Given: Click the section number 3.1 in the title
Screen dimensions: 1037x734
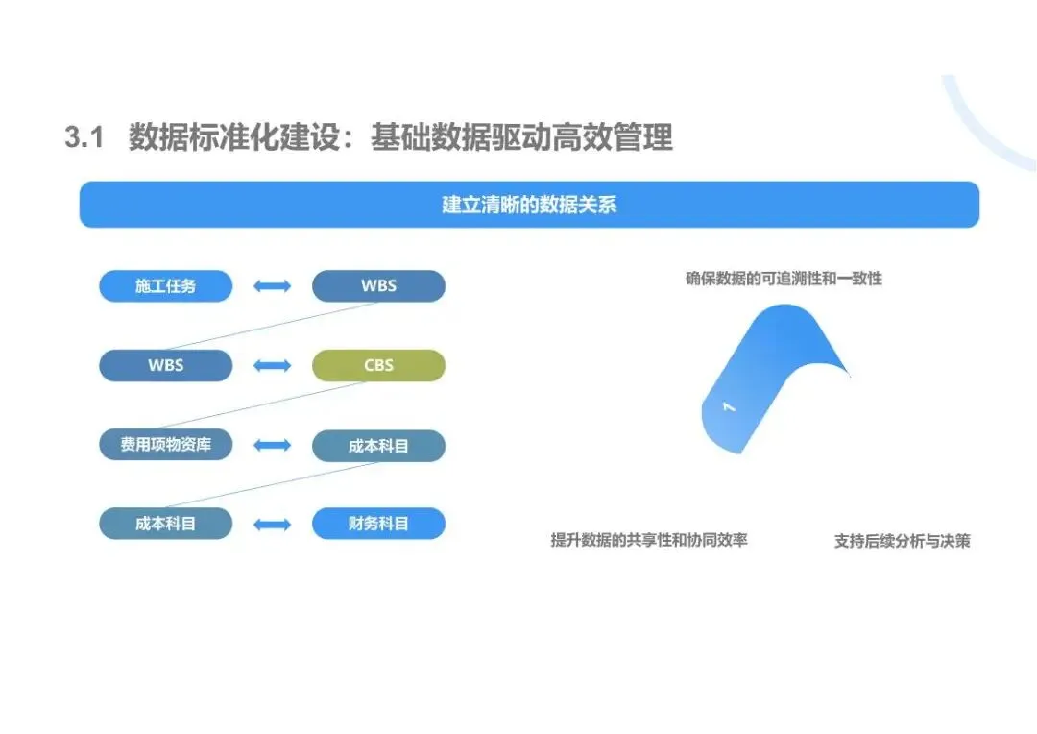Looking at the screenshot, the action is click(x=84, y=138).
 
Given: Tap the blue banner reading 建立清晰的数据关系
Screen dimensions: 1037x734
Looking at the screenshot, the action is click(x=529, y=205).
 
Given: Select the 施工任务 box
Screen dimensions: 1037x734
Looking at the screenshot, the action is click(x=166, y=286).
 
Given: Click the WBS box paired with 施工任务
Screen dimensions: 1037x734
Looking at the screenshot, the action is click(x=378, y=286).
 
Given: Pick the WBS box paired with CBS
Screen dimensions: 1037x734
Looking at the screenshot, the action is click(x=166, y=365).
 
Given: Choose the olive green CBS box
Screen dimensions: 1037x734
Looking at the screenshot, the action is click(x=378, y=365).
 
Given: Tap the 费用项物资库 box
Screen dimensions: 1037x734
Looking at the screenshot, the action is click(x=166, y=445).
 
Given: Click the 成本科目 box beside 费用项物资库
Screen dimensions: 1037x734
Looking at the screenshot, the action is click(x=378, y=446).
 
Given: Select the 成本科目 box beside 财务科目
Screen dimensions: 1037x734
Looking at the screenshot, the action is click(x=166, y=524).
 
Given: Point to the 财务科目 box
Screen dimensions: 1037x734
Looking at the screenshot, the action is click(x=378, y=524).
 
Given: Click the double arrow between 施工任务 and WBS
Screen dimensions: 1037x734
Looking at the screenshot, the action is click(x=273, y=286).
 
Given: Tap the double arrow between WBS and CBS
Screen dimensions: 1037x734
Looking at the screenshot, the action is click(x=273, y=366).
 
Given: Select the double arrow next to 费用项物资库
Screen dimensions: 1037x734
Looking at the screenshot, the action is click(x=273, y=445).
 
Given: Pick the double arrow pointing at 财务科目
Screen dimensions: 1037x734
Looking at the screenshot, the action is click(x=273, y=525).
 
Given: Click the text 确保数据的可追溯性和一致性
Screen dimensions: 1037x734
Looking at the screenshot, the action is click(x=784, y=279).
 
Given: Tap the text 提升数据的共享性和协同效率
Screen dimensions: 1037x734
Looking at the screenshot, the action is click(x=649, y=540).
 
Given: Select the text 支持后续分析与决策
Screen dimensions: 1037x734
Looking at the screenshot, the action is click(x=902, y=541).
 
